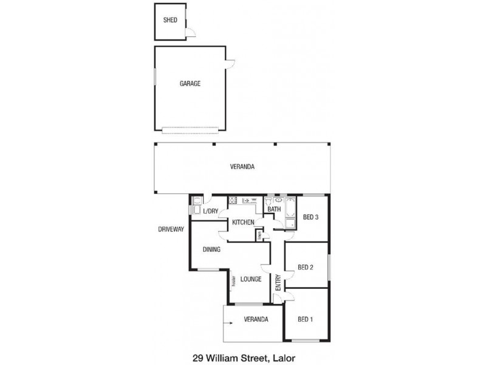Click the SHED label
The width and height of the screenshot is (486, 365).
tap(170, 20)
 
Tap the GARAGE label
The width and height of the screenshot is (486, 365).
tap(190, 84)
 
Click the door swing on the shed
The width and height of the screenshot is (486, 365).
tap(190, 32)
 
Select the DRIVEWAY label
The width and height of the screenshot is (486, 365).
tap(171, 229)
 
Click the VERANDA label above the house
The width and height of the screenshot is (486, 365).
tap(242, 167)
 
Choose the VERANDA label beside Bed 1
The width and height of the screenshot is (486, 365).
tap(256, 319)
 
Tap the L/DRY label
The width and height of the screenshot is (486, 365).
tap(210, 212)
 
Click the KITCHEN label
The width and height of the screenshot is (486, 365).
tap(243, 223)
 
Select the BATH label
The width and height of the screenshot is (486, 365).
tap(274, 210)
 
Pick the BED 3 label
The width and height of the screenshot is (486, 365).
tap(311, 217)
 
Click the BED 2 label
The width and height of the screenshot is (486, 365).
tap(306, 267)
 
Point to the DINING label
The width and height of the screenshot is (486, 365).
tap(211, 249)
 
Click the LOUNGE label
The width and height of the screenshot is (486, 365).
tap(250, 279)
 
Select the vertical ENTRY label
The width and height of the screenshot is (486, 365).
tap(278, 282)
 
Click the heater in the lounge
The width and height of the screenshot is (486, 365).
tap(233, 281)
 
